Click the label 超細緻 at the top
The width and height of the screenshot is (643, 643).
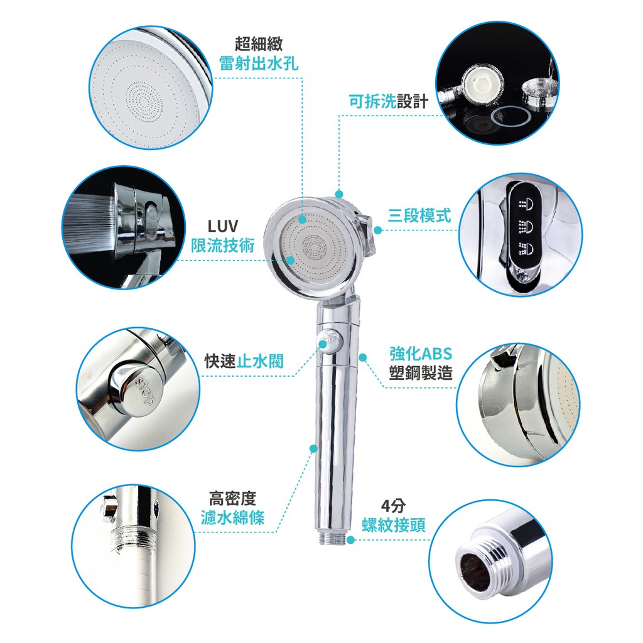[258, 43]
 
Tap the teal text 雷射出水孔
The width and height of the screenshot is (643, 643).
[258, 63]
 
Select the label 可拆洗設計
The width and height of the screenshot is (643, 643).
[388, 101]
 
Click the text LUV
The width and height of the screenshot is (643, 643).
[223, 226]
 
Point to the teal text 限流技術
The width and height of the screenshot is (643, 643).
[223, 246]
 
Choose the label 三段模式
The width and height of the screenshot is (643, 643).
[419, 215]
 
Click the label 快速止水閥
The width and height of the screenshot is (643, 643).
[244, 361]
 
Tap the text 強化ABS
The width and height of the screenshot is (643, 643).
[420, 354]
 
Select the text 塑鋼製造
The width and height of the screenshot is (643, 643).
[420, 373]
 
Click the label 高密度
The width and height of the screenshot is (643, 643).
[232, 499]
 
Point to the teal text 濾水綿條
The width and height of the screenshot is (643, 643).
[232, 517]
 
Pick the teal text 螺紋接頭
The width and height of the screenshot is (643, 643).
[393, 525]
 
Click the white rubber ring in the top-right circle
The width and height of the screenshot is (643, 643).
[511, 116]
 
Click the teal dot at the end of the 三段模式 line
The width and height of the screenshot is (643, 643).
[378, 230]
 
